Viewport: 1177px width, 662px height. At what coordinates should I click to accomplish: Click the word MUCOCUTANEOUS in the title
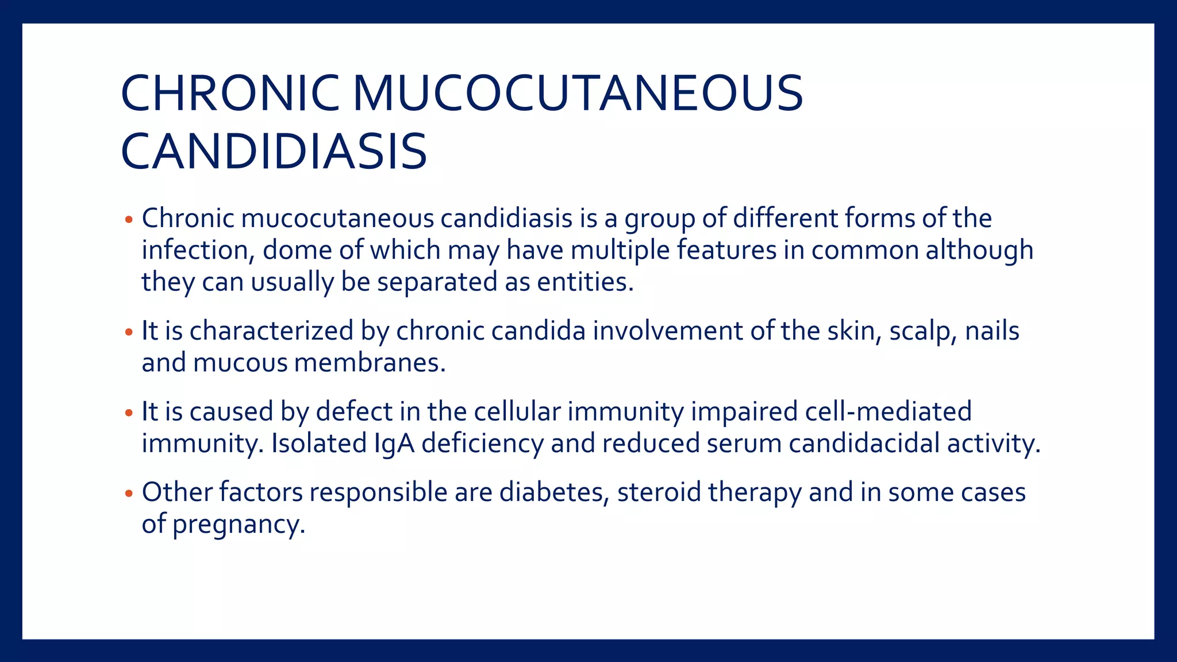point(577,93)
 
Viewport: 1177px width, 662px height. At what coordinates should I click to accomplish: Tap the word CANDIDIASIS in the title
point(274,152)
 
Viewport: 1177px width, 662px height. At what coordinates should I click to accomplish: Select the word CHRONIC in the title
point(230,93)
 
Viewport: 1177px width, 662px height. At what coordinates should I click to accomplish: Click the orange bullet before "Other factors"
point(129,494)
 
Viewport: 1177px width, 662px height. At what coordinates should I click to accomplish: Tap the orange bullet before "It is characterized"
point(129,333)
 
